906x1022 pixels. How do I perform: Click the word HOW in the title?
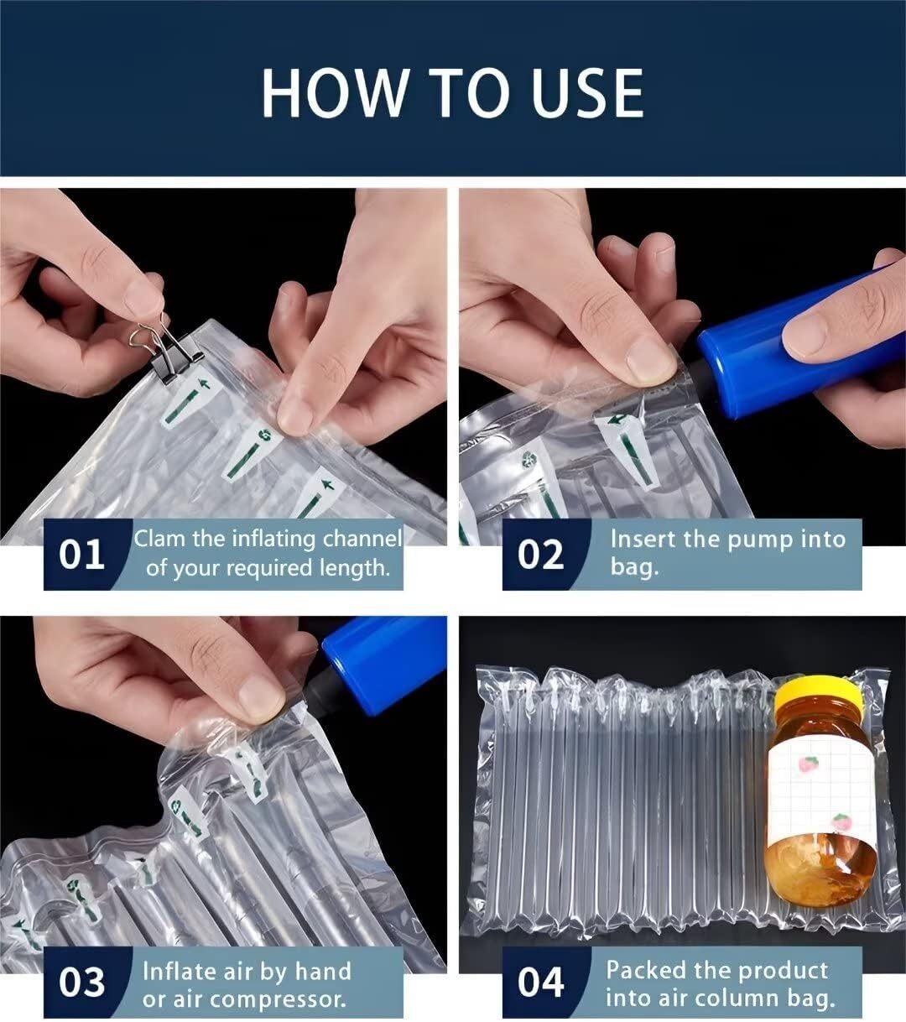coord(333,93)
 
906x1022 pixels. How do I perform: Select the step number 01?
coord(81,555)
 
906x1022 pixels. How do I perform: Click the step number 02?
coord(540,555)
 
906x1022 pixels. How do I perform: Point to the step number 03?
coord(81,983)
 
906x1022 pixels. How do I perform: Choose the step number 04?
coord(540,983)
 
